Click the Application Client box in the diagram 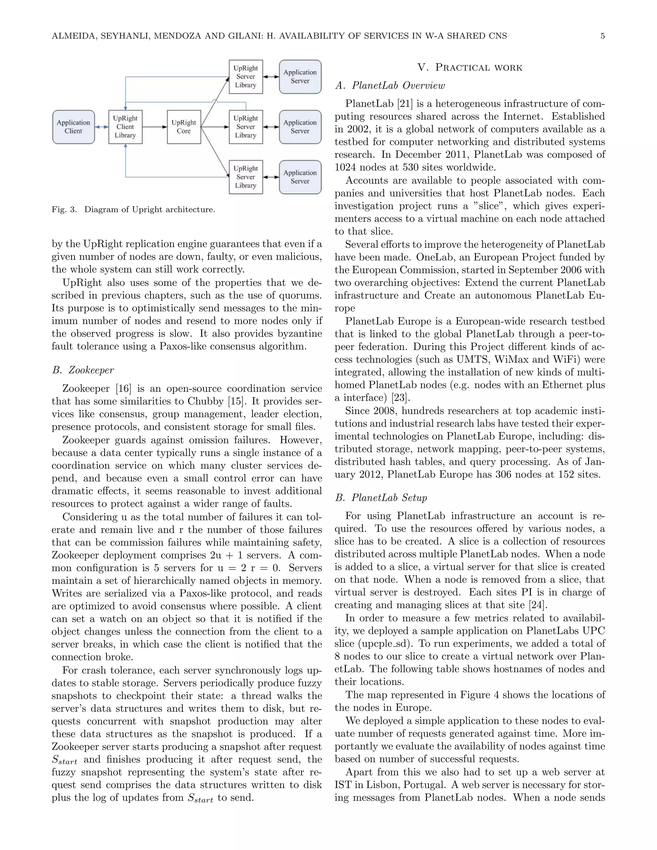pos(73,127)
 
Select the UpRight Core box pos(184,127)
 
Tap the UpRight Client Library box pos(125,127)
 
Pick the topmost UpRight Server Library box pos(246,77)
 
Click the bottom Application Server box pos(300,177)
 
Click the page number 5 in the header pos(602,36)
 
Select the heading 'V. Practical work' pos(470,67)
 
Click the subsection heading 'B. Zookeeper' pos(83,370)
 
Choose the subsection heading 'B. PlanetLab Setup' pos(381,498)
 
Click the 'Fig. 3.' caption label pos(64,210)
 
